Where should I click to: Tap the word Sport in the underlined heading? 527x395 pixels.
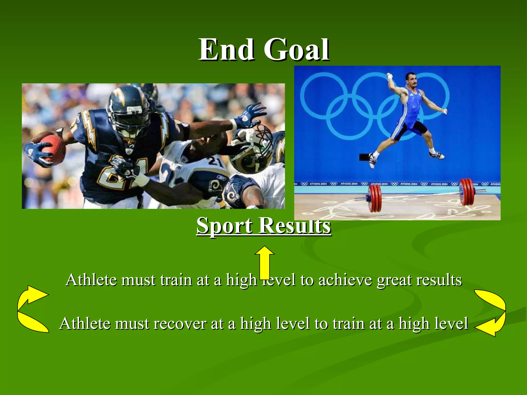pos(224,225)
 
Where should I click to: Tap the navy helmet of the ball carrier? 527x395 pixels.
pos(129,108)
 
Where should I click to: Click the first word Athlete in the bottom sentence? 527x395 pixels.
pos(85,324)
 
